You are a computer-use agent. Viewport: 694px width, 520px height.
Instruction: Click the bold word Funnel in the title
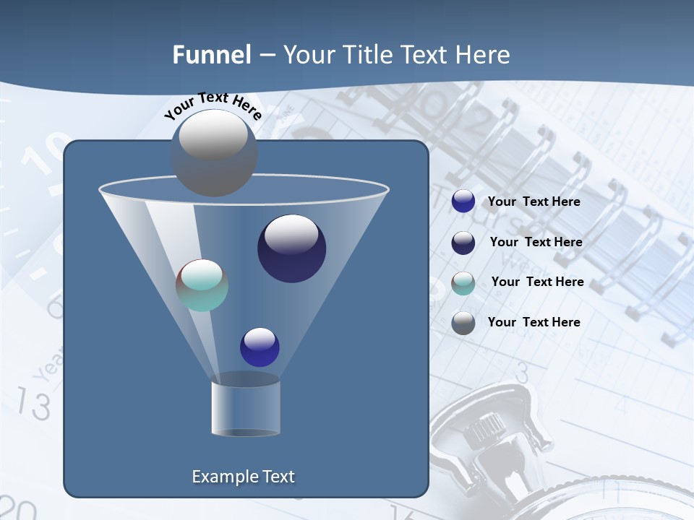coord(211,55)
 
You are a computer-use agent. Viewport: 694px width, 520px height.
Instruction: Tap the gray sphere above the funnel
coord(214,153)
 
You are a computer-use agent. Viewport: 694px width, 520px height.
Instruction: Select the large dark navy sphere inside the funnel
coord(291,248)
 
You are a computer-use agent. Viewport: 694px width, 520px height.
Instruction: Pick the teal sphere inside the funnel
coord(202,285)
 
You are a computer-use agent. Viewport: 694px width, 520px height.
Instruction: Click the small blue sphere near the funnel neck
coord(260,347)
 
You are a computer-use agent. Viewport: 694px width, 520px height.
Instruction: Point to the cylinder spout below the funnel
coord(246,408)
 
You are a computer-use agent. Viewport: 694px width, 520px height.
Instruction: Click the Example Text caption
coord(243,477)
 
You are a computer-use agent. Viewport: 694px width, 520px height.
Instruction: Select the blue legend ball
coord(463,201)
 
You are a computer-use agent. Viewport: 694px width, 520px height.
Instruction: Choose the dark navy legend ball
coord(463,243)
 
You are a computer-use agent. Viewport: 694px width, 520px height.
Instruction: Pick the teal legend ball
coord(463,283)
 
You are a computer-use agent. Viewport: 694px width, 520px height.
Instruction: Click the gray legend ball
coord(463,323)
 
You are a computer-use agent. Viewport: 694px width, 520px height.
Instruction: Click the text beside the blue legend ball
coord(534,202)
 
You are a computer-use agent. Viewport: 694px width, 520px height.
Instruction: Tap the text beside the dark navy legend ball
coord(536,242)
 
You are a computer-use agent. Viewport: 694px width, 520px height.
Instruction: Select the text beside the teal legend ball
coord(537,282)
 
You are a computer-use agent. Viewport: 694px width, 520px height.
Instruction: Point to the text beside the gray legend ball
coord(534,322)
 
